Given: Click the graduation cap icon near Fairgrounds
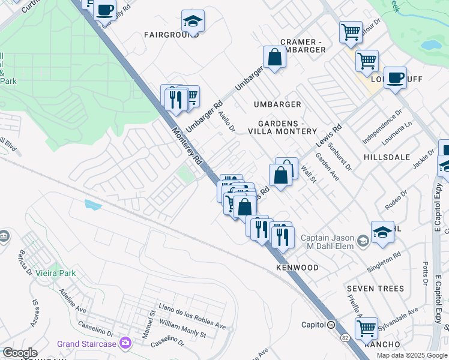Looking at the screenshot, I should [x=193, y=22].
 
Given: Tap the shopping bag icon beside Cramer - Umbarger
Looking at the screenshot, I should [x=274, y=58].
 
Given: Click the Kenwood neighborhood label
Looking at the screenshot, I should [x=297, y=267].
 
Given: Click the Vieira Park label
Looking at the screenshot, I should [x=59, y=273].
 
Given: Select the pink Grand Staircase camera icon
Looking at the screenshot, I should [x=125, y=344].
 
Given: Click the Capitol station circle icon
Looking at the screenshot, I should [x=331, y=325].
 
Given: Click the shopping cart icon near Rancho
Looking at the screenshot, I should [x=366, y=328].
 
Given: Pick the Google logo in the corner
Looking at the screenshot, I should [x=20, y=353].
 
